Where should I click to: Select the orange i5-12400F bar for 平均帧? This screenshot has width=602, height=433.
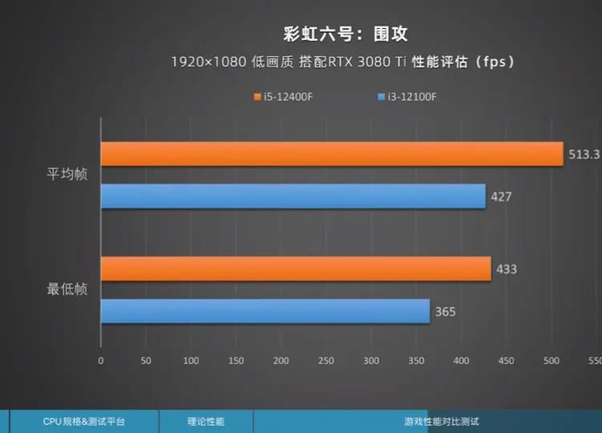(x=331, y=154)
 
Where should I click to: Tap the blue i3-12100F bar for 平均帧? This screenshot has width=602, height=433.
(x=293, y=196)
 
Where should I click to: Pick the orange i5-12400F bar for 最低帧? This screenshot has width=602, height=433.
(x=295, y=269)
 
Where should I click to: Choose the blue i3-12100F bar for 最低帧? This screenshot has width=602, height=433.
(x=265, y=311)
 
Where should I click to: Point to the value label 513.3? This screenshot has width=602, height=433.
(x=584, y=154)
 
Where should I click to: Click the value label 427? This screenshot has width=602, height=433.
(x=502, y=196)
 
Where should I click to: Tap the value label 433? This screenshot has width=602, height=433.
(x=507, y=269)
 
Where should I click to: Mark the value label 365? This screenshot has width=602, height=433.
(x=446, y=311)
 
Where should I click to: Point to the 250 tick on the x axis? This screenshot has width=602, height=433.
(x=325, y=361)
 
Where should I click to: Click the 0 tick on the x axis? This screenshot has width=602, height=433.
(x=100, y=361)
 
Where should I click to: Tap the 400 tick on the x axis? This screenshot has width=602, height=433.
(x=461, y=361)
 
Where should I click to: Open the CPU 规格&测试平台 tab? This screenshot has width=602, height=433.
(x=83, y=421)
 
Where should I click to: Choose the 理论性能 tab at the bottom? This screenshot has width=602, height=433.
(x=206, y=421)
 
